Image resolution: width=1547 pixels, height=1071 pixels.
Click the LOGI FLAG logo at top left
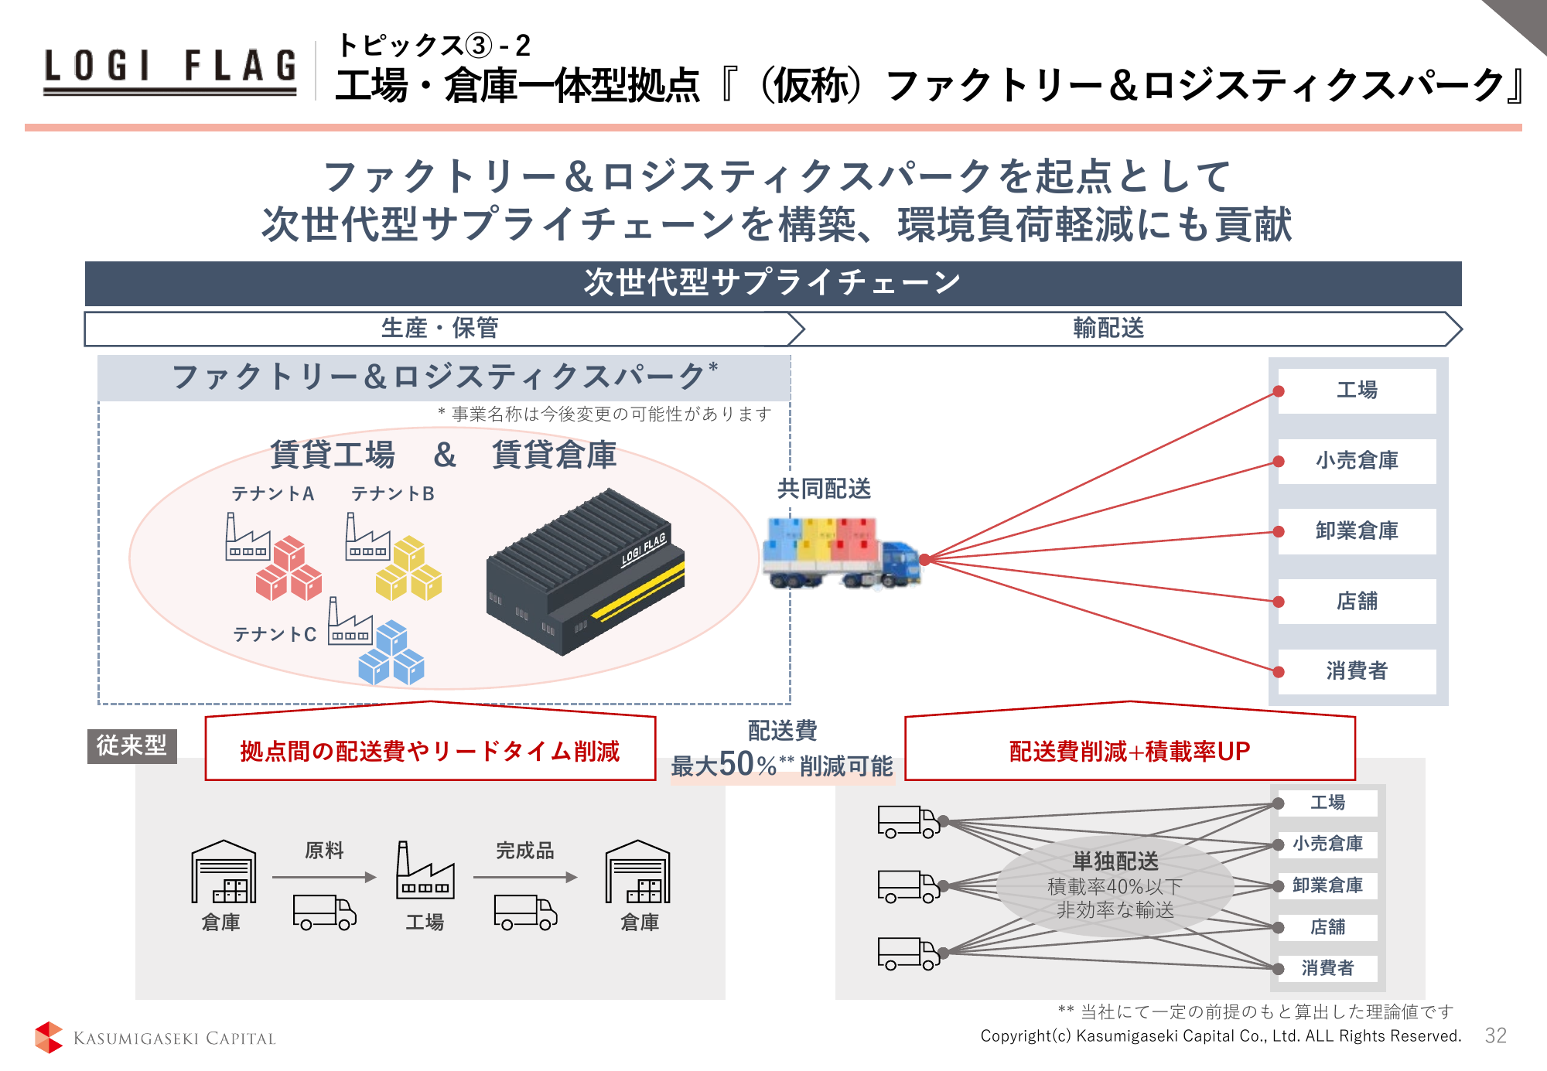click(x=170, y=70)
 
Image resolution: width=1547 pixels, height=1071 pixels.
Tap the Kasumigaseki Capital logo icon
click(x=49, y=1037)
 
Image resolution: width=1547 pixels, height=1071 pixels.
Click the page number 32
click(x=1495, y=1035)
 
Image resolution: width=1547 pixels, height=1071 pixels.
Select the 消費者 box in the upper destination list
click(x=1357, y=670)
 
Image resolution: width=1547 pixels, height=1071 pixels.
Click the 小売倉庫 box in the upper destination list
click(x=1357, y=461)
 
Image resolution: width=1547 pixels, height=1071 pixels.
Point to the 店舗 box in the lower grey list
click(x=1327, y=926)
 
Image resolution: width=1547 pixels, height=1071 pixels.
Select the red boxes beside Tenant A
click(x=289, y=569)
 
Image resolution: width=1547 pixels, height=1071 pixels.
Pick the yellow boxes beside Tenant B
click(x=408, y=569)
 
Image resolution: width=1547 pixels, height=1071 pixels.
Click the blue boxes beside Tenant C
click(x=391, y=653)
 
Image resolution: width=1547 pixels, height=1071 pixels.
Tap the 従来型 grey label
click(x=131, y=745)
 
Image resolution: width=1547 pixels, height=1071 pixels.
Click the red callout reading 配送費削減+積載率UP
click(x=1129, y=751)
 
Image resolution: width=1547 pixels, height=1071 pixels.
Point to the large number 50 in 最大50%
click(x=737, y=764)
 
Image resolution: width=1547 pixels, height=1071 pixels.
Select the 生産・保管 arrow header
click(x=439, y=329)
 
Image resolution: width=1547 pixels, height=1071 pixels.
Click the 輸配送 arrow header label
click(x=1108, y=329)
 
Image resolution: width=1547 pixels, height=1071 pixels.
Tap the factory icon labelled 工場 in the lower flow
click(x=425, y=871)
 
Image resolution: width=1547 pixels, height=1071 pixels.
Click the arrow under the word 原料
click(x=323, y=877)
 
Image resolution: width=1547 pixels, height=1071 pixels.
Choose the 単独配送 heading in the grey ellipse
click(x=1115, y=861)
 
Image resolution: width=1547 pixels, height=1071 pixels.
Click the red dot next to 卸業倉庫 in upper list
click(x=1279, y=532)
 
